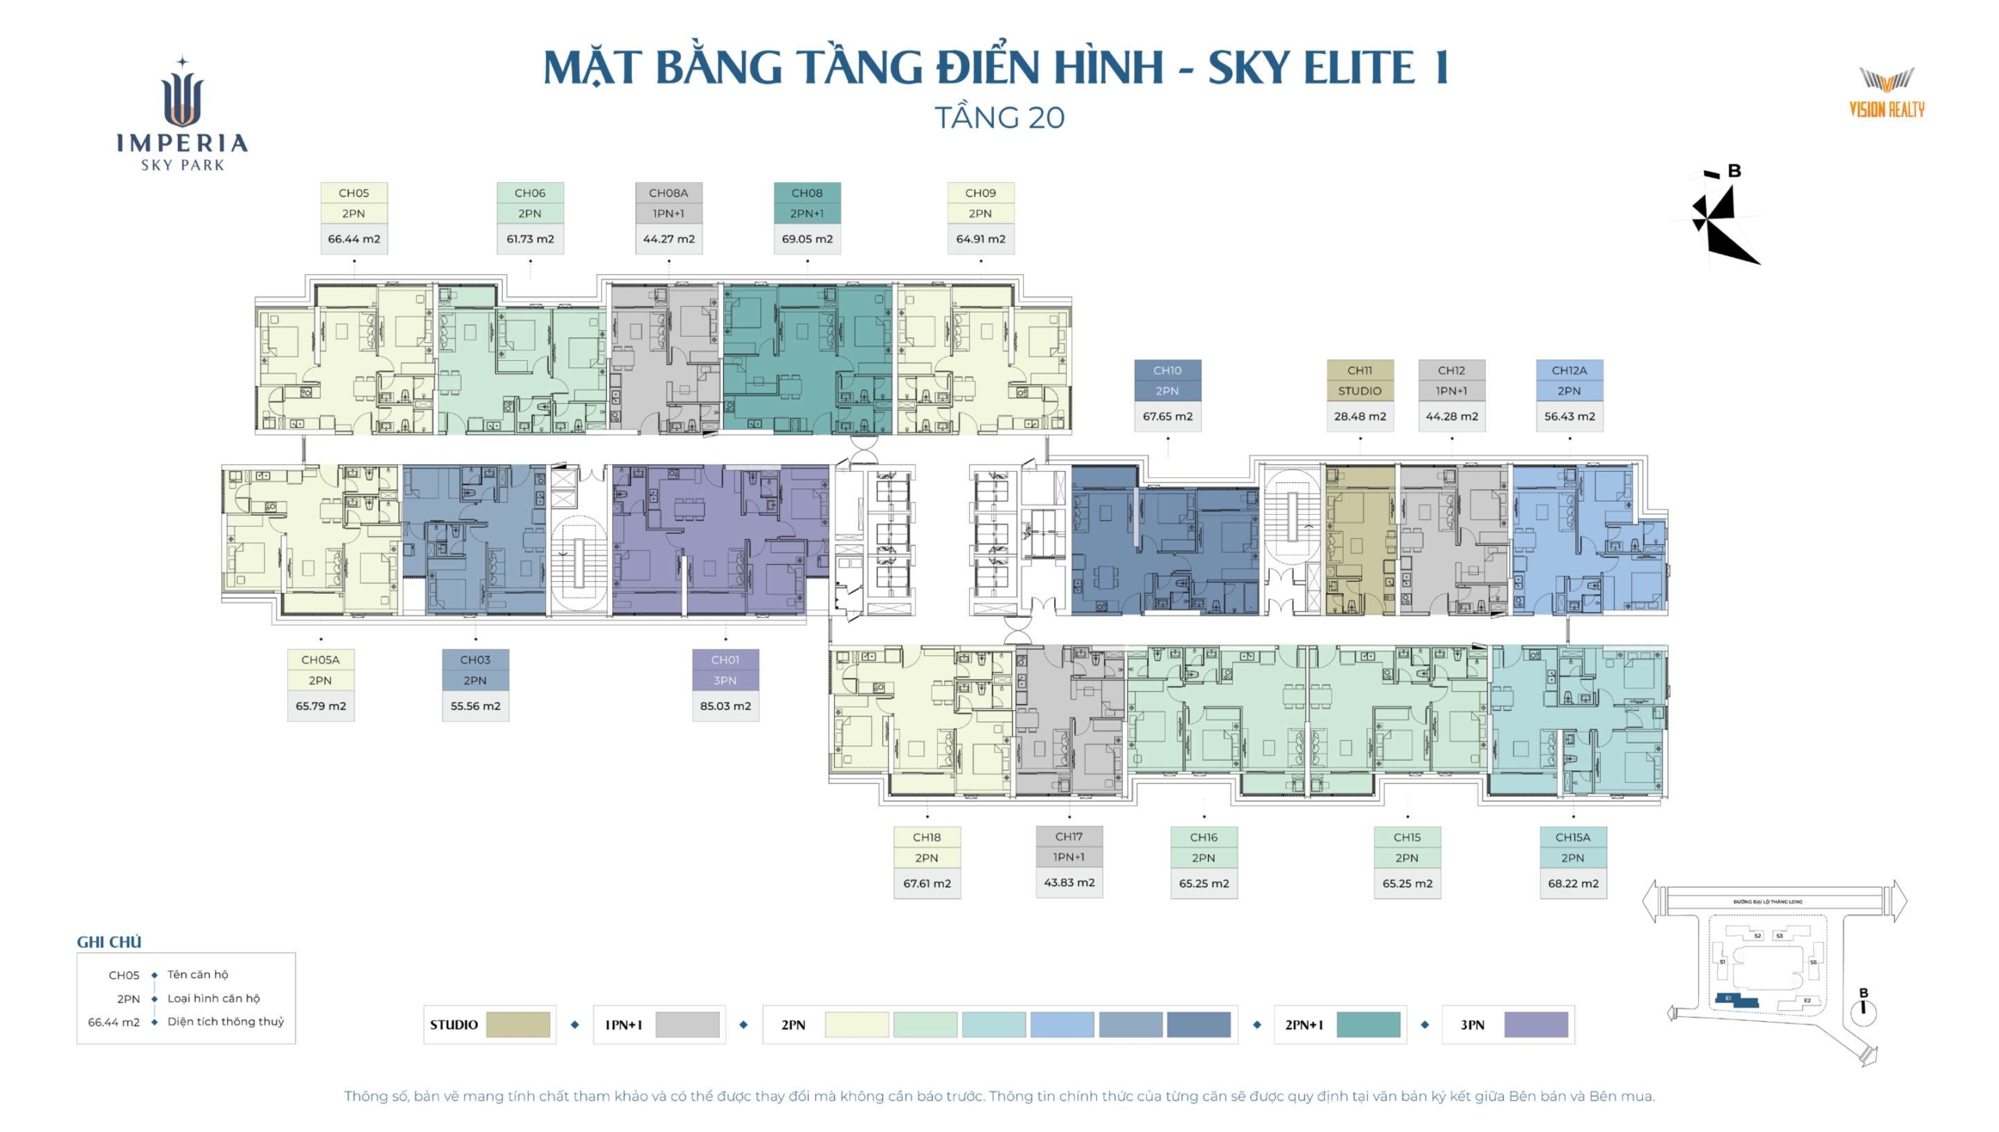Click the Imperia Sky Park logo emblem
[x=183, y=95]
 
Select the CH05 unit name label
[x=354, y=193]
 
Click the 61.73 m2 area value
[x=530, y=239]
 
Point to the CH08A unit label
[x=668, y=193]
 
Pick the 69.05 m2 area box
[x=807, y=239]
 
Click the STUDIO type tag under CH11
[x=1359, y=391]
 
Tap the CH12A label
[x=1570, y=370]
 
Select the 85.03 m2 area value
[x=725, y=706]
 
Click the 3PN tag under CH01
[x=725, y=680]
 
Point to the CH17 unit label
[x=1069, y=837]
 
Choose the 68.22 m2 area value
[x=1573, y=884]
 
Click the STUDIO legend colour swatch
[x=518, y=1025]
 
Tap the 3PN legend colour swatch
[x=1536, y=1025]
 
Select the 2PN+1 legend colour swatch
[x=1368, y=1025]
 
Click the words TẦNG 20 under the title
[x=999, y=118]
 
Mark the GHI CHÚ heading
[x=109, y=942]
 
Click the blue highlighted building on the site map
[x=1736, y=1000]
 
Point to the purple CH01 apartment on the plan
[x=718, y=539]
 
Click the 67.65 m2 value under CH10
[x=1167, y=416]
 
